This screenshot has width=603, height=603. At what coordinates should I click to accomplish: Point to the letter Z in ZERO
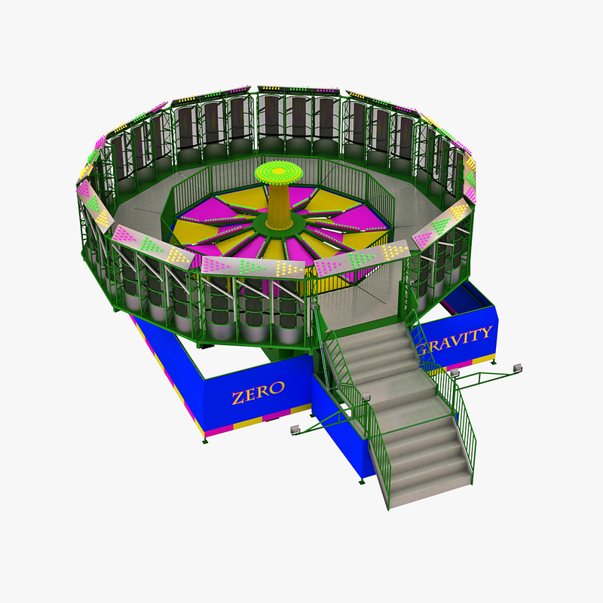pos(237,398)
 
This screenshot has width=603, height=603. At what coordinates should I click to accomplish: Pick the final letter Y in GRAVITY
pos(486,331)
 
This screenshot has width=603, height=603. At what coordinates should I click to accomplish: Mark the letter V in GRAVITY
pos(461,338)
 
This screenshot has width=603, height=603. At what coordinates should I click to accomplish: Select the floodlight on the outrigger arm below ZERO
pos(294,430)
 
